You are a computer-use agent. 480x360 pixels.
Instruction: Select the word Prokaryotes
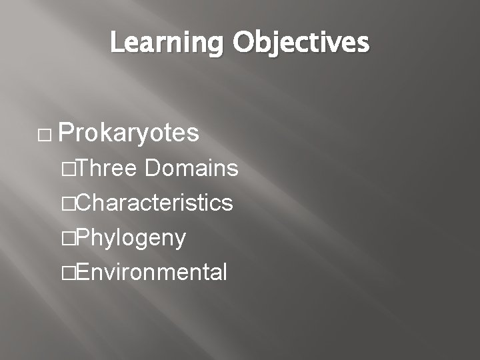(x=129, y=134)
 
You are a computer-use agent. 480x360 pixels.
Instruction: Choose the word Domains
(x=191, y=169)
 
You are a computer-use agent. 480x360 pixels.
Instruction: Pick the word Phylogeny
(x=131, y=237)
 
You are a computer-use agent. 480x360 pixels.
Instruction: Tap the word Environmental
(x=152, y=272)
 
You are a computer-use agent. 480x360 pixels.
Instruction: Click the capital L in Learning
(x=117, y=43)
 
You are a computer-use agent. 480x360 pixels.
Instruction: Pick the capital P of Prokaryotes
(x=65, y=133)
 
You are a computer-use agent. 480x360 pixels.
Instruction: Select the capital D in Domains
(x=153, y=169)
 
